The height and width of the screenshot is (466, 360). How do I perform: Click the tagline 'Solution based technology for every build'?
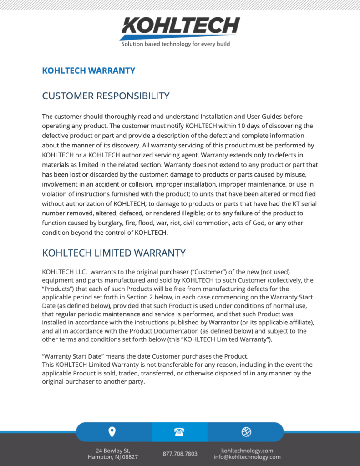(175, 44)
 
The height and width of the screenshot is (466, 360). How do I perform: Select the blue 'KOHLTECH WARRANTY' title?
(88, 71)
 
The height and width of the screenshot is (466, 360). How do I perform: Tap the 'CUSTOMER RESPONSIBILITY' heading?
(106, 96)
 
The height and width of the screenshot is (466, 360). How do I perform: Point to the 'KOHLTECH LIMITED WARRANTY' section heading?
(113, 253)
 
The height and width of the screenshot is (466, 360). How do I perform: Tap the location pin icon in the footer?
(112, 432)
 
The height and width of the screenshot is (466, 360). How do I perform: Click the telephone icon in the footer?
(180, 432)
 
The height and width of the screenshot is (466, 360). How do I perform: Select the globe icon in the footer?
(246, 432)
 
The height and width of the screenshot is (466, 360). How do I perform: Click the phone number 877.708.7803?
(180, 454)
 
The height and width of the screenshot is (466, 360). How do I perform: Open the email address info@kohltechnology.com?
(247, 457)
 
